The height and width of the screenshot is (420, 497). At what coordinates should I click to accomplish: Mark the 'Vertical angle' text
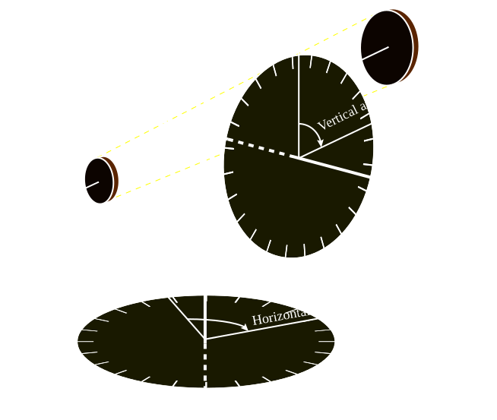click(353, 112)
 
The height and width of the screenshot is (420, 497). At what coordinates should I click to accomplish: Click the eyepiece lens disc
click(99, 181)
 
